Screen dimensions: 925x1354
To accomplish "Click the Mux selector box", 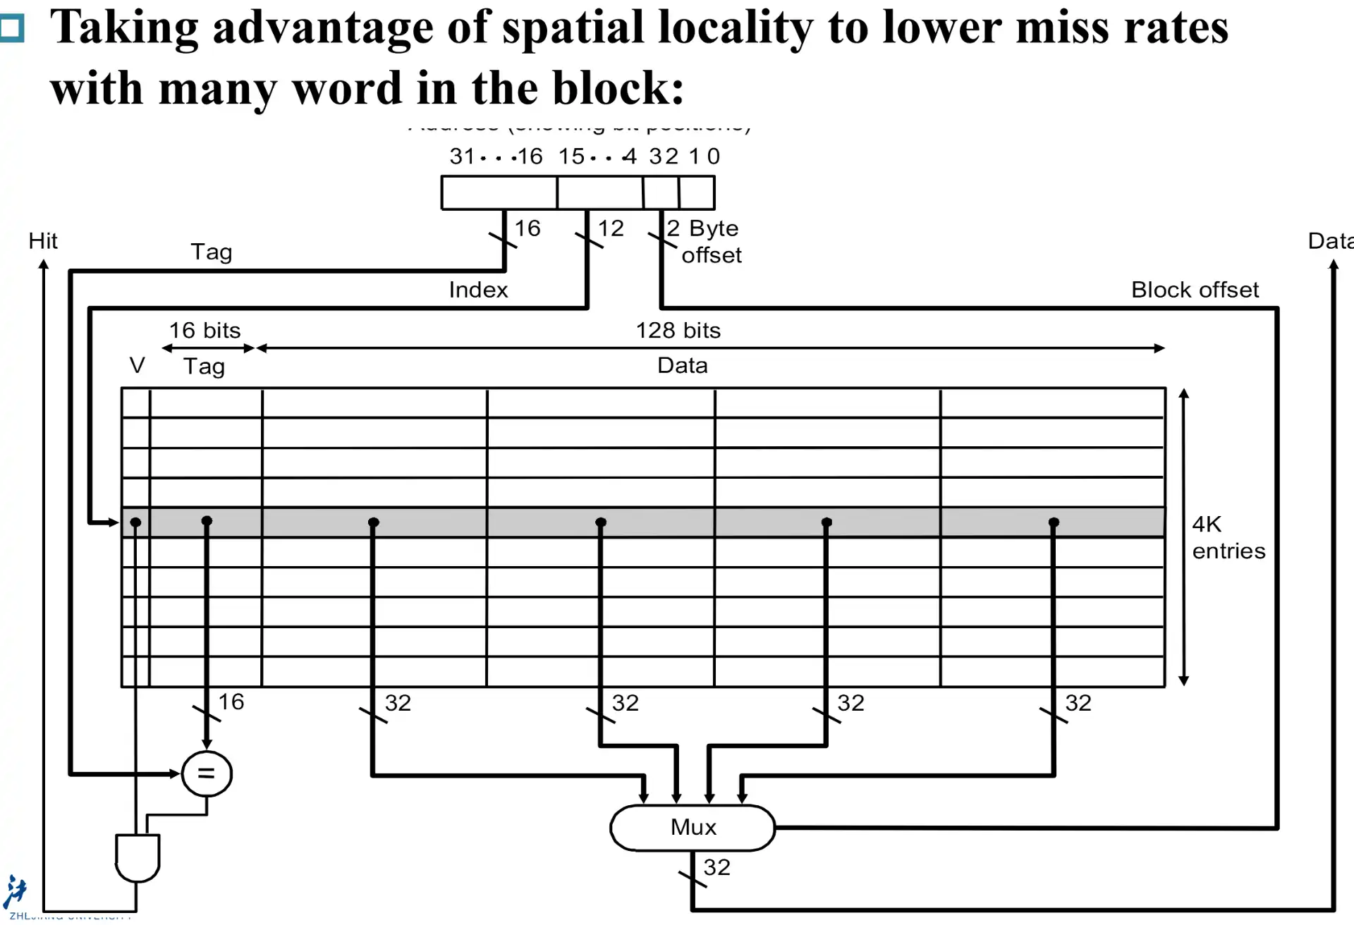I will click(693, 827).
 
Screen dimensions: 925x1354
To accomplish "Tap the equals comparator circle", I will click(206, 773).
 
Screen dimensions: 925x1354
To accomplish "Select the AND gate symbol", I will click(138, 857).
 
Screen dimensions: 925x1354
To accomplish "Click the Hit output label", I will click(43, 241).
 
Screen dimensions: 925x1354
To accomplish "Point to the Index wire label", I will click(478, 290).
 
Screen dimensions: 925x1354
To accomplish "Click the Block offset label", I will click(1195, 290).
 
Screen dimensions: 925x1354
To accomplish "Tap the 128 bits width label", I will click(678, 331).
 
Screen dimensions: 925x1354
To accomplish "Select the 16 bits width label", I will click(205, 331).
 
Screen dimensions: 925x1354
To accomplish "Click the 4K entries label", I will click(1228, 537).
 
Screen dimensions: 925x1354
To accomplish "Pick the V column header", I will click(137, 365).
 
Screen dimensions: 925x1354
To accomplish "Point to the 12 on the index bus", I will click(611, 228).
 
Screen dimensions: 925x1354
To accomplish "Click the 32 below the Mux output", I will click(716, 867).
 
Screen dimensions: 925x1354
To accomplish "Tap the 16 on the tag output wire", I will click(231, 702).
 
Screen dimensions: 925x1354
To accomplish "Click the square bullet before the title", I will click(12, 28).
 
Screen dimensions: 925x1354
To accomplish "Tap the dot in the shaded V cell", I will click(135, 522).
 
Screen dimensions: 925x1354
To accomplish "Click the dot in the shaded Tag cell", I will click(207, 521).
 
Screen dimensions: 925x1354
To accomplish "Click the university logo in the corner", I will click(15, 892).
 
